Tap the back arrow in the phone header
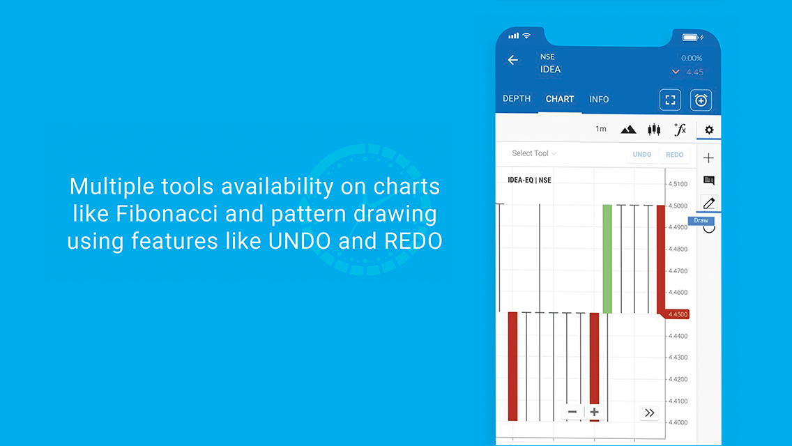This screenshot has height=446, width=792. pyautogui.click(x=512, y=60)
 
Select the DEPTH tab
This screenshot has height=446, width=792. pyautogui.click(x=516, y=98)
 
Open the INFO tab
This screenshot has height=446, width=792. pyautogui.click(x=599, y=99)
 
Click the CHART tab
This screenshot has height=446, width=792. pyautogui.click(x=560, y=99)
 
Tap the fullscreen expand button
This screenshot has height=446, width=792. pyautogui.click(x=670, y=100)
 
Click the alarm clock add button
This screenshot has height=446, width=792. pyautogui.click(x=701, y=100)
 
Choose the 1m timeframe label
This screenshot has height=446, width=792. pyautogui.click(x=600, y=129)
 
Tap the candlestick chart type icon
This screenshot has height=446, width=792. pyautogui.click(x=654, y=130)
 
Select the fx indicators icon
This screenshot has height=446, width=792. pyautogui.click(x=680, y=130)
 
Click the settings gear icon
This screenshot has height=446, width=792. pyautogui.click(x=709, y=130)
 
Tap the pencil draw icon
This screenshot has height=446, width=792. pyautogui.click(x=709, y=203)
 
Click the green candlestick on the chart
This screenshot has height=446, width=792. pyautogui.click(x=607, y=259)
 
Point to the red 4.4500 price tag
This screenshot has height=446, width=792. pyautogui.click(x=676, y=314)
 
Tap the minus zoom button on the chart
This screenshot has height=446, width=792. pyautogui.click(x=572, y=412)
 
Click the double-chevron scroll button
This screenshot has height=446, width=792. pyautogui.click(x=650, y=413)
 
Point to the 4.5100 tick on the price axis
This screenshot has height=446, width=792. pyautogui.click(x=678, y=184)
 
